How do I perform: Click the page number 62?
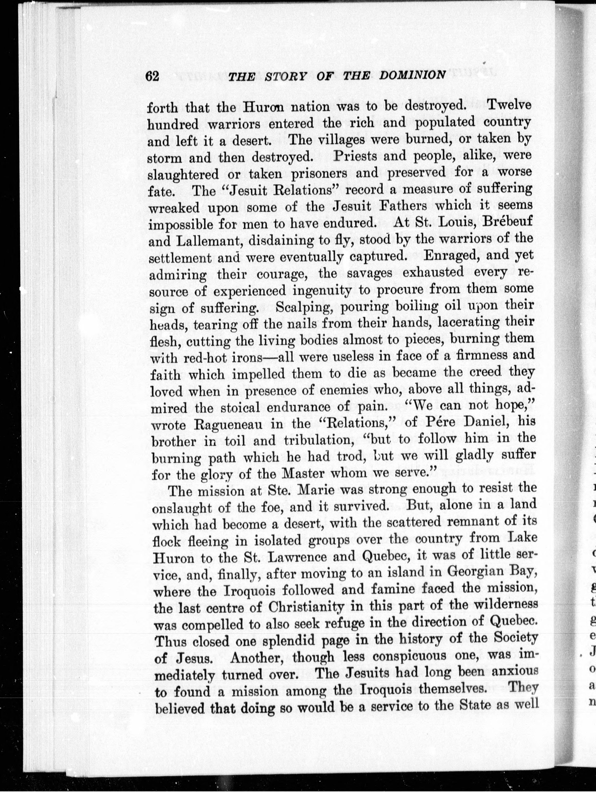click(x=152, y=76)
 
